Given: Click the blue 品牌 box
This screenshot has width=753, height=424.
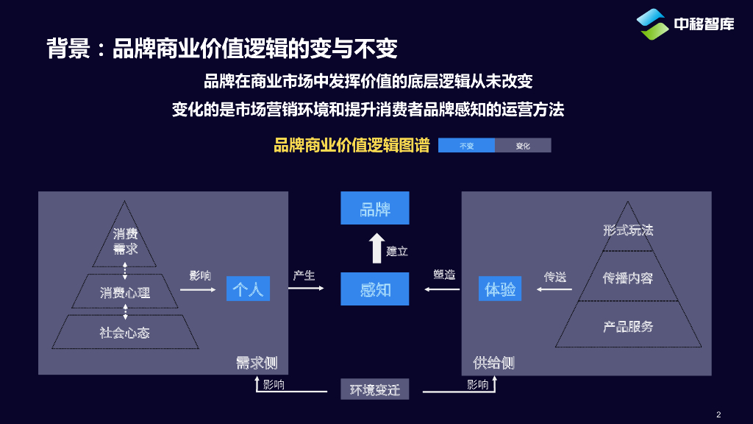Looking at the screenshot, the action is click(x=374, y=208).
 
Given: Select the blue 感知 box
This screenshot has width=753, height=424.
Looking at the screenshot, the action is click(x=374, y=289).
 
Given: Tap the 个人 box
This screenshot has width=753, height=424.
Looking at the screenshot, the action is click(x=248, y=289).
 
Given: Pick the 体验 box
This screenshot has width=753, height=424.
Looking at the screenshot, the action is click(x=500, y=289).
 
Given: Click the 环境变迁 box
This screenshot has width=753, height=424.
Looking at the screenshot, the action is click(x=374, y=389).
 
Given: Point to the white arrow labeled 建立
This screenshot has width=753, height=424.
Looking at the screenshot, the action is click(x=376, y=248).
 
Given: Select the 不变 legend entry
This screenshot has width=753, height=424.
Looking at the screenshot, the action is click(x=466, y=146).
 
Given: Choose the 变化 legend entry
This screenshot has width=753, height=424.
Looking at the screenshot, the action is click(x=523, y=146).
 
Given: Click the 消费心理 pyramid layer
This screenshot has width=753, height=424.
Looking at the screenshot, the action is click(x=125, y=292).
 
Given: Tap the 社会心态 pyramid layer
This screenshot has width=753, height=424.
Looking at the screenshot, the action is click(x=125, y=332).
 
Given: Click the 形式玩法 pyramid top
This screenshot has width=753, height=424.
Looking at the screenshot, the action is click(x=627, y=230).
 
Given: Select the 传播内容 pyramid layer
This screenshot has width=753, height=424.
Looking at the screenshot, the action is click(x=627, y=278).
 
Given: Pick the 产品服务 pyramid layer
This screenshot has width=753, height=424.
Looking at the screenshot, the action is click(x=627, y=326).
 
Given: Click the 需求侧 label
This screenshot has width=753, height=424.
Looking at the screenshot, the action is click(x=256, y=362).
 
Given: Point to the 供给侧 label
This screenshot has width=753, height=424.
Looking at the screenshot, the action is click(x=493, y=362).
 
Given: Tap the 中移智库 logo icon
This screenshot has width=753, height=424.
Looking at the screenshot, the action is click(x=652, y=24).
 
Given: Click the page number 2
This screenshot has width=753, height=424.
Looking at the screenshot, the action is click(x=718, y=414).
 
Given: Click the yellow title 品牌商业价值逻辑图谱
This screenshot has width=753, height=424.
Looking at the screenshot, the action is click(x=351, y=145).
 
